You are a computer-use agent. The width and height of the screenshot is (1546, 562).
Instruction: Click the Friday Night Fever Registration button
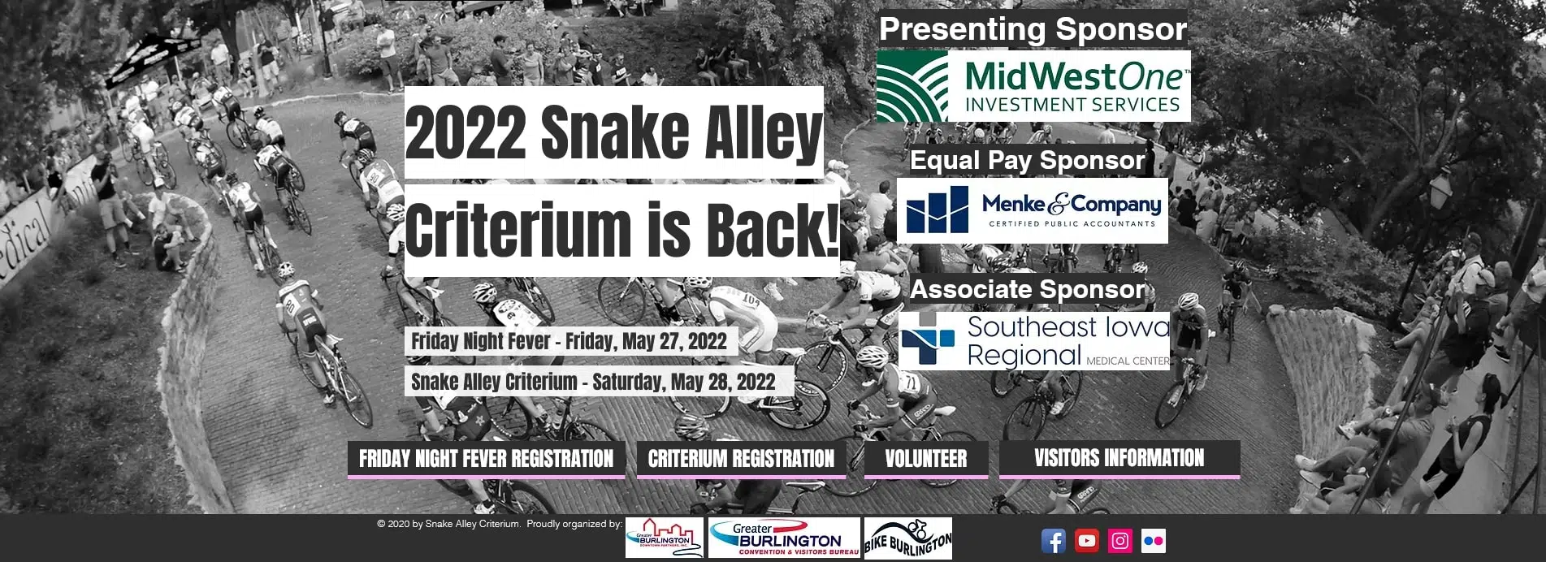(486, 459)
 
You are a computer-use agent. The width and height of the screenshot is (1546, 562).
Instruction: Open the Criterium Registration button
(741, 459)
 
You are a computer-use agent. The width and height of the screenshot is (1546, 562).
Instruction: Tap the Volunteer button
(926, 459)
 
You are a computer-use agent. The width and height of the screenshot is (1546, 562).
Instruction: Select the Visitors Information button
(1119, 459)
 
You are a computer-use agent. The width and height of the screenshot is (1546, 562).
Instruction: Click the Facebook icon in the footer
(1053, 541)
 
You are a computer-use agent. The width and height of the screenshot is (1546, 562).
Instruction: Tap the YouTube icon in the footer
(1086, 541)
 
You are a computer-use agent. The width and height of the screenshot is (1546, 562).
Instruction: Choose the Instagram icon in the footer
(1119, 541)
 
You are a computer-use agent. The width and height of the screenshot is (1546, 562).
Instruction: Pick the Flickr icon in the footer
(1153, 541)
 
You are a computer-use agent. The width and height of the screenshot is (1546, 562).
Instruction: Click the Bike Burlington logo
(907, 538)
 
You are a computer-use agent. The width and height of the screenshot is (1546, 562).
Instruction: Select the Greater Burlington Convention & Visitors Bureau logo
(784, 538)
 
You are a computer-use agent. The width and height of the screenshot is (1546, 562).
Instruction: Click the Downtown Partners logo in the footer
(665, 538)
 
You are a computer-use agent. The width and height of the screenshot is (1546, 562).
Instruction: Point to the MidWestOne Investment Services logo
(1033, 86)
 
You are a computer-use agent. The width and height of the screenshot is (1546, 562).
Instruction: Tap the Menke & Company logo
(1033, 210)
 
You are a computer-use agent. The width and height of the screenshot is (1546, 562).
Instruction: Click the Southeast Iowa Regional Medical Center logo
(1034, 341)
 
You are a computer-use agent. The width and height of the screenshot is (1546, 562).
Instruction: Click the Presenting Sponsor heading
(1033, 29)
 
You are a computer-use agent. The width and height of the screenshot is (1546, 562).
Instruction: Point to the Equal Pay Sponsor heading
(1027, 161)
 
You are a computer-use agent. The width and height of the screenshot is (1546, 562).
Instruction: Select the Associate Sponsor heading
(1027, 289)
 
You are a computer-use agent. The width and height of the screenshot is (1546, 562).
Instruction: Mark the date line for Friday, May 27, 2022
(569, 341)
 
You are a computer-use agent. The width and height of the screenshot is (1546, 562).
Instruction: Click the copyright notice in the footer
(500, 524)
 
